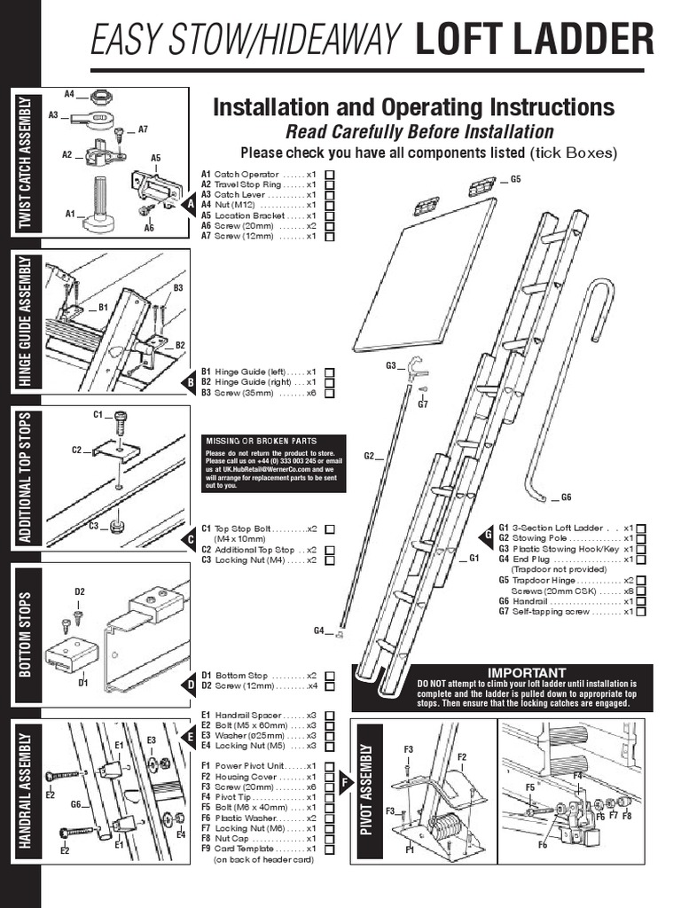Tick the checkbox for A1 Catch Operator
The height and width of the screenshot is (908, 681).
[330, 175]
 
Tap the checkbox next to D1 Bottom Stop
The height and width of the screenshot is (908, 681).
[330, 675]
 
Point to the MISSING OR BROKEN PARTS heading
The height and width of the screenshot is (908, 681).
[261, 441]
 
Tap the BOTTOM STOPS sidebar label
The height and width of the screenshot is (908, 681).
[24, 633]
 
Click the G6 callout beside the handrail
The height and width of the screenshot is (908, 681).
[567, 497]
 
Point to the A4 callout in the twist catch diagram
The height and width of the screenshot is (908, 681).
[70, 93]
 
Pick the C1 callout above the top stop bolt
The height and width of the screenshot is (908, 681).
[98, 414]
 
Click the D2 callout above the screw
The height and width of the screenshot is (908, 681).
[79, 591]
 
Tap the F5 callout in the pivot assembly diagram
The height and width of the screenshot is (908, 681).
[530, 787]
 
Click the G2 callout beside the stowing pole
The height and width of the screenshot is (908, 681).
[369, 456]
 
